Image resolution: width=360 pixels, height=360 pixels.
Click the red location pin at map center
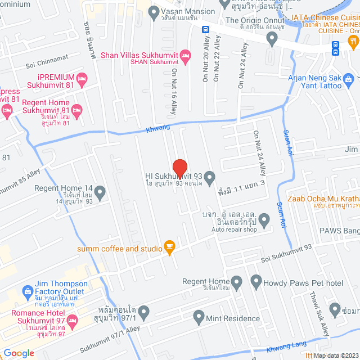(x=179, y=168)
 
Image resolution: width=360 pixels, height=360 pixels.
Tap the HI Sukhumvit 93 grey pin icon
(x=209, y=179)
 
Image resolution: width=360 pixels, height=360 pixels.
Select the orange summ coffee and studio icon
(x=169, y=247)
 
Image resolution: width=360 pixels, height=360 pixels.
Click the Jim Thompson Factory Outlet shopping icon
(x=26, y=291)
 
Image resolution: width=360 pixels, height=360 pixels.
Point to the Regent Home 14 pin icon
(x=100, y=193)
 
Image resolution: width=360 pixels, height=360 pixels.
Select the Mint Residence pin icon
(x=199, y=318)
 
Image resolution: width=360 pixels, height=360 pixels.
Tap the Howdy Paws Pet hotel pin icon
(x=256, y=281)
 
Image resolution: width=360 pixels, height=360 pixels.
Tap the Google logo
(x=19, y=353)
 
